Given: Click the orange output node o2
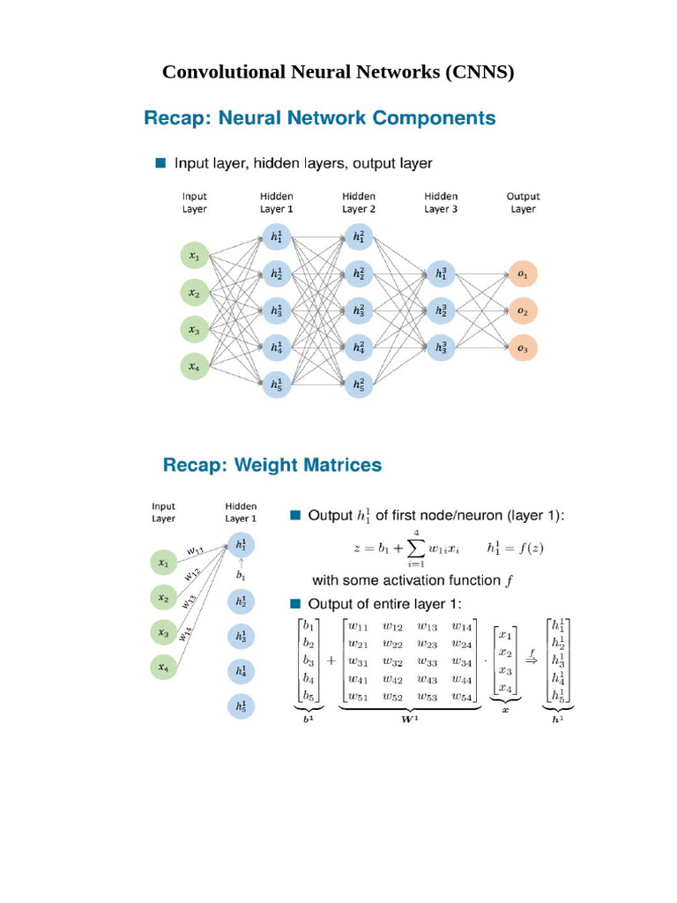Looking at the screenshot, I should [x=523, y=311].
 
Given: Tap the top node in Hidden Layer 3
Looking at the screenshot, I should [x=441, y=274].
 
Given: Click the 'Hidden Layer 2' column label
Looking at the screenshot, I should [x=359, y=203].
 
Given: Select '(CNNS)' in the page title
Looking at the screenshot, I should [x=480, y=72].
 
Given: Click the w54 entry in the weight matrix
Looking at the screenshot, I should [x=462, y=697].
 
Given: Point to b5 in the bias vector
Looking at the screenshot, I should [x=308, y=697].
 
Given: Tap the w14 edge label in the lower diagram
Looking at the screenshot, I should [x=187, y=633].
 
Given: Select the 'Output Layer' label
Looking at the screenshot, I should [x=523, y=203].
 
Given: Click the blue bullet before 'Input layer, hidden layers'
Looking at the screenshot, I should [x=160, y=163].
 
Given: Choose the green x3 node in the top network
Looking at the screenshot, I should [x=194, y=330].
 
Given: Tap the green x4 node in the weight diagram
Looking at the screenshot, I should [x=163, y=668].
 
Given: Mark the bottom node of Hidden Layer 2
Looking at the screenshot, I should [x=359, y=384].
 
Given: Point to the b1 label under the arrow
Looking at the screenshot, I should [x=241, y=575].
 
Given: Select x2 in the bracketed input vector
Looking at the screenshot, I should [x=505, y=652].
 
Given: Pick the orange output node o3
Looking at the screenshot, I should [x=523, y=349].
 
